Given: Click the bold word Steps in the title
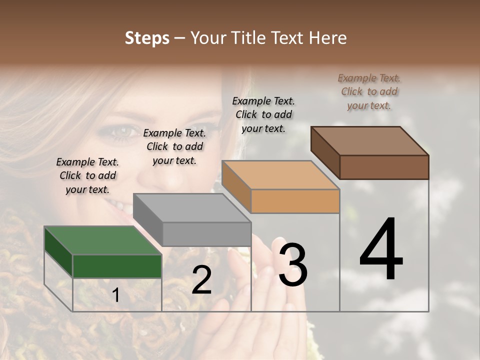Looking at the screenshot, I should point(147,38).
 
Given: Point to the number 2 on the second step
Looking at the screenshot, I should point(201,279).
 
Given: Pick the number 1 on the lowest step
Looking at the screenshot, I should point(115,295).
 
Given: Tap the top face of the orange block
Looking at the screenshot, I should point(280,175).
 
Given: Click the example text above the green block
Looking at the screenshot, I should point(87,175).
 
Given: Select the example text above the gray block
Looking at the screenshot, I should point(174,146).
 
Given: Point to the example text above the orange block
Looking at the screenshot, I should point(263,114).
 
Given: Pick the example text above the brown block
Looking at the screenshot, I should point(369,91).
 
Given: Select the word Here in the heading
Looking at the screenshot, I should point(328,38).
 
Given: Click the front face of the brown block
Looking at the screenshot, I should point(384,167).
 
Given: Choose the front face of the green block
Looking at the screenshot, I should point(117,266).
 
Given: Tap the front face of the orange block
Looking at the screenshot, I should point(295,201).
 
